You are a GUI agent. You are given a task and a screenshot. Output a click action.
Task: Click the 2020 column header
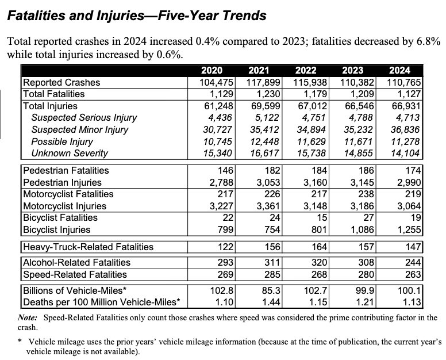pos(213,71)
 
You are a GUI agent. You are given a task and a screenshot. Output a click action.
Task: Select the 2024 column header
pos(400,71)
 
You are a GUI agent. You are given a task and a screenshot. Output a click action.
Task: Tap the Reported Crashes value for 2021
pos(262,82)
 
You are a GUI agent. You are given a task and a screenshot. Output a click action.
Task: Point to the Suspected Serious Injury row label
pos(84,118)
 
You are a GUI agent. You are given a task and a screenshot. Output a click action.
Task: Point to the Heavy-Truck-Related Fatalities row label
pos(88,247)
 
